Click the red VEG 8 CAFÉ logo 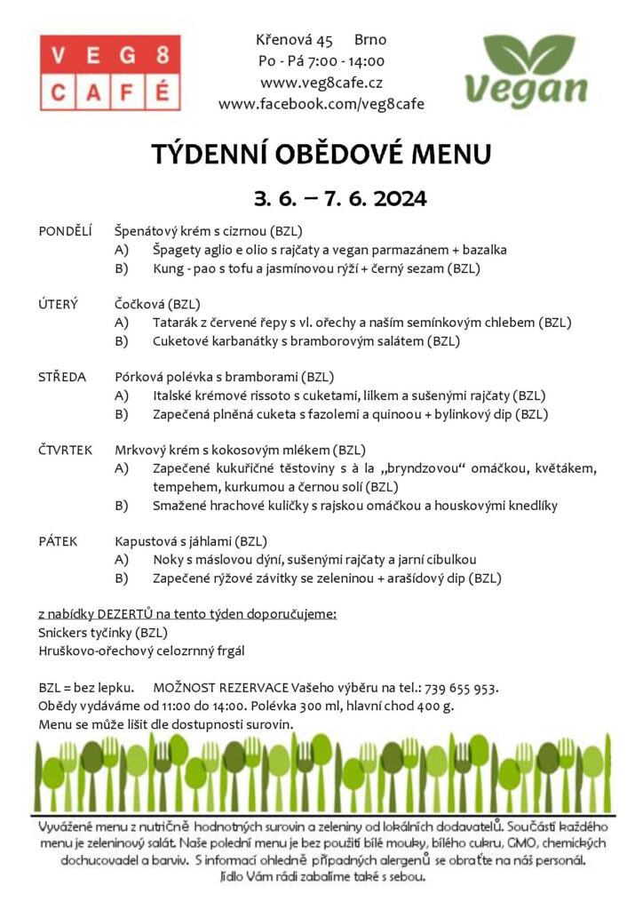109,72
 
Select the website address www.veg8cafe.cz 321,83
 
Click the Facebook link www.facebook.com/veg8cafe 321,104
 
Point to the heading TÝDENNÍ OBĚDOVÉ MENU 321,155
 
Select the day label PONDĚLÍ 66,231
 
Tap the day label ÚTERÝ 59,304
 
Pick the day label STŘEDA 62,377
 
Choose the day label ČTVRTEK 67,450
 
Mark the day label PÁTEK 59,540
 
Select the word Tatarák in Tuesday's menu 178,323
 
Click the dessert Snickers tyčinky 86,633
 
